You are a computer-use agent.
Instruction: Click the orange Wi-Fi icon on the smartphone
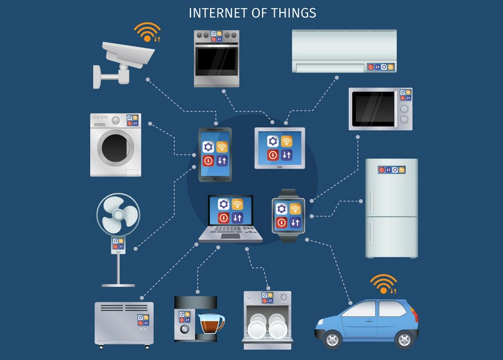click(x=222, y=147)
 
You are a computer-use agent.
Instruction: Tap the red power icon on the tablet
click(x=273, y=155)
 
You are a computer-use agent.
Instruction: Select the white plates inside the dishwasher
click(x=267, y=327)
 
